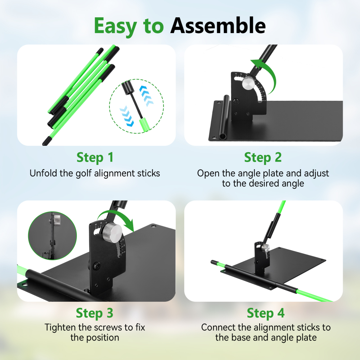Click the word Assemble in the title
(x=218, y=26)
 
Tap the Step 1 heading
(x=95, y=158)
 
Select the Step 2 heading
(x=263, y=158)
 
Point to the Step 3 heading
(x=95, y=313)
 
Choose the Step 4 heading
(x=266, y=313)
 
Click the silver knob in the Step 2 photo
(x=248, y=84)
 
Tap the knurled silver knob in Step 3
(x=112, y=231)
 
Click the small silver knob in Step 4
(x=266, y=248)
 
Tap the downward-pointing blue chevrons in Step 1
(x=127, y=116)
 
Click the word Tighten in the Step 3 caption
(x=60, y=327)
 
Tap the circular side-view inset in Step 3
(x=52, y=236)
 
